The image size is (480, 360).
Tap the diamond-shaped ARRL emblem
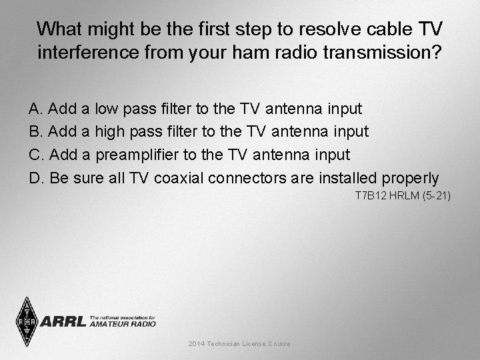click(27, 321)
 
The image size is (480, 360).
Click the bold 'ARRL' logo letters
click(63, 322)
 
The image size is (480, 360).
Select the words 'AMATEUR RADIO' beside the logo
click(123, 324)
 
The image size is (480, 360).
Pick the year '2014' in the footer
click(197, 344)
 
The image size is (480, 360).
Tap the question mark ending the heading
click(436, 53)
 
